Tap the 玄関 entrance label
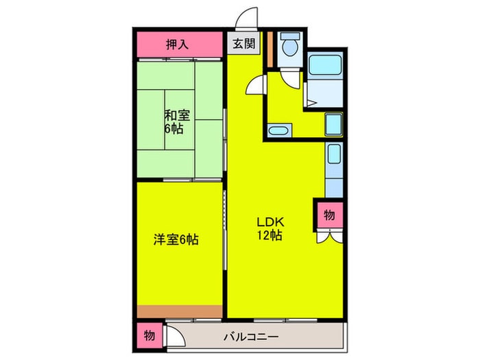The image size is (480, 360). tap(243, 45)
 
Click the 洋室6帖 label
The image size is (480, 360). tap(176, 241)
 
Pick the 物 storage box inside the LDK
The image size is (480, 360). tap(328, 215)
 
